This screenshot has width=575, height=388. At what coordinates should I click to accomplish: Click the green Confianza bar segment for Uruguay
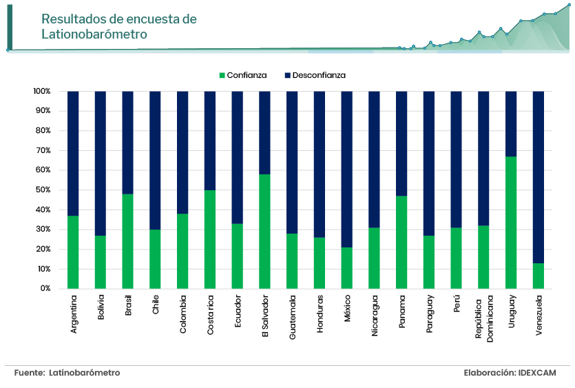pos(510,223)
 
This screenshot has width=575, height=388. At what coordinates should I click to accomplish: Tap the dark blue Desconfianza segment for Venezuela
pos(538,177)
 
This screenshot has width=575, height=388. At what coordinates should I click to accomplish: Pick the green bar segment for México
pos(347,268)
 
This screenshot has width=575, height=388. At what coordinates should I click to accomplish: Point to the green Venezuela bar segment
pos(538,276)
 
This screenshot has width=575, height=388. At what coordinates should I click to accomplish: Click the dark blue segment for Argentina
pos(73,154)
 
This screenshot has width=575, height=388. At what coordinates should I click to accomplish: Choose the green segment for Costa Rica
pos(210,239)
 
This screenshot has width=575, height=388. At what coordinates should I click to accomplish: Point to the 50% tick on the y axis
pos(41,190)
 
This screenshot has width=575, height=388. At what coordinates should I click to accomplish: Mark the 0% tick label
pos(45,289)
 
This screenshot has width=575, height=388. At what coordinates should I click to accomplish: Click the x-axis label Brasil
pos(128,305)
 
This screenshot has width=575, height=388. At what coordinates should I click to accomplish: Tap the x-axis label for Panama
pos(402,307)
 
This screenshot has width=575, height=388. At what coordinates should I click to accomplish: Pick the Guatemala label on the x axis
pos(293,314)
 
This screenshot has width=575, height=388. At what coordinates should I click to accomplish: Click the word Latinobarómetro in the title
pos(94,34)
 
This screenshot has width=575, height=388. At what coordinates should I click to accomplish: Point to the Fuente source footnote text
pos(67,373)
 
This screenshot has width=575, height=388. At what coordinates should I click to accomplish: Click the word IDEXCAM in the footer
pos(537,373)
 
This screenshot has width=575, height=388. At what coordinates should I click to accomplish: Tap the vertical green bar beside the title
pos(10,26)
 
